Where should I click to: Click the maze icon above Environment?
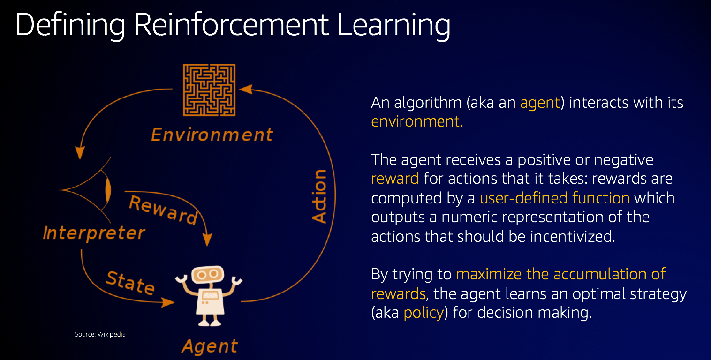(x=209, y=90)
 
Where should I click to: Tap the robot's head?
(x=208, y=274)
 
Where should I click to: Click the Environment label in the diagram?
(x=212, y=135)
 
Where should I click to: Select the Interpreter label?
(x=94, y=233)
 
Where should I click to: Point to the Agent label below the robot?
(x=210, y=346)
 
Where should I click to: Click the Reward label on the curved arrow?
(x=164, y=210)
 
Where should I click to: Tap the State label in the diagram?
(x=130, y=283)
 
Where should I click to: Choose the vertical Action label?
(x=319, y=196)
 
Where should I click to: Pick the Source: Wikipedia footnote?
(x=100, y=334)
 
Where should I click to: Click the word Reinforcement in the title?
(x=231, y=25)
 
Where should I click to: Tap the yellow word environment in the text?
(x=417, y=121)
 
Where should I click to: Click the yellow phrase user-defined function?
(x=554, y=198)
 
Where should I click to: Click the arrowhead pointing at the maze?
(x=246, y=89)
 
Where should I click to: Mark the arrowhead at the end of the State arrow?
(x=168, y=302)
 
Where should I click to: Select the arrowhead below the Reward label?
(x=207, y=240)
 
